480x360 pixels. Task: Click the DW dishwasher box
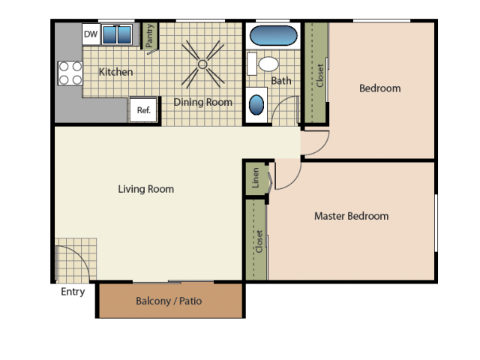91,34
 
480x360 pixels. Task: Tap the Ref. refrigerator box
143,110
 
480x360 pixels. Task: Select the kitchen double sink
116,35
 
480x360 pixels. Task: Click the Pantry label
150,38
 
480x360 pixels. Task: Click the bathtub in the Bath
272,36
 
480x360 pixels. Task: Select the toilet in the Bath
266,64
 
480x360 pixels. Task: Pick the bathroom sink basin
256,103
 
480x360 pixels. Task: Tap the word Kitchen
116,72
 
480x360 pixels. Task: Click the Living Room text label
145,189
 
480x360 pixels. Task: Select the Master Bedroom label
351,216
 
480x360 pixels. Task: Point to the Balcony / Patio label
169,301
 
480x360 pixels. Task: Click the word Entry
73,292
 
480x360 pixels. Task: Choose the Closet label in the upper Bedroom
319,74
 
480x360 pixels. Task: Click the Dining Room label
203,102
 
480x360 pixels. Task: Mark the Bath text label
281,81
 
